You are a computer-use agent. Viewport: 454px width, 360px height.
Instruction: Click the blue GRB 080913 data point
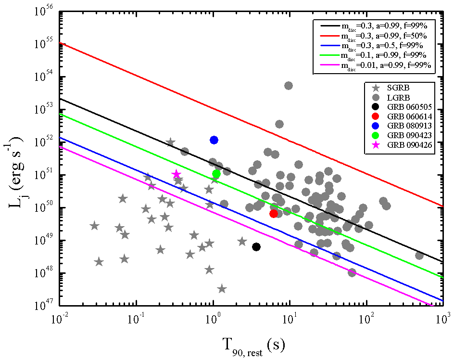(214, 140)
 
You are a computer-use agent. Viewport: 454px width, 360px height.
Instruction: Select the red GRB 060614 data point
(274, 214)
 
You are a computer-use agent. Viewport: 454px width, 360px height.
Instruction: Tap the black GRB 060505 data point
(256, 247)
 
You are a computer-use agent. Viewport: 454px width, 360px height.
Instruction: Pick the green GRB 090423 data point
(216, 174)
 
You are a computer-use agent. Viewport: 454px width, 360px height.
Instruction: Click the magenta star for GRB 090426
(177, 174)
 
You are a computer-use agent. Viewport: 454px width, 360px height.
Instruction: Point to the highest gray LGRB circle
(289, 86)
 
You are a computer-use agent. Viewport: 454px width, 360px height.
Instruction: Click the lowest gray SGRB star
(222, 289)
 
